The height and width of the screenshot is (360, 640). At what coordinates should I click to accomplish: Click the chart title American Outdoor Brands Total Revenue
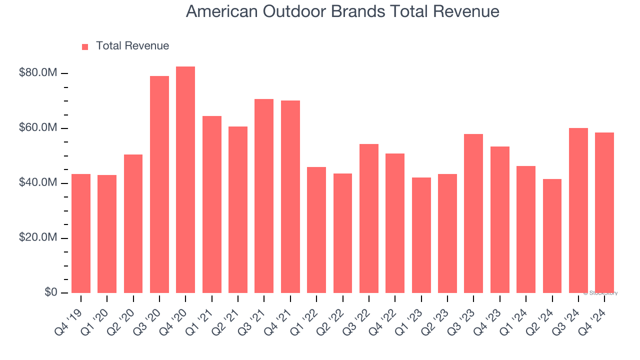342,11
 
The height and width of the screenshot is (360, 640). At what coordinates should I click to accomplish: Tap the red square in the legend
85,46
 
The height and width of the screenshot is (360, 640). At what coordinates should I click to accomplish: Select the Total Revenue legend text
132,46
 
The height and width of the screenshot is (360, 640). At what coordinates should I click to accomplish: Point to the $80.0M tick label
38,73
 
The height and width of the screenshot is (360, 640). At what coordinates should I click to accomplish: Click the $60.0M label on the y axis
38,128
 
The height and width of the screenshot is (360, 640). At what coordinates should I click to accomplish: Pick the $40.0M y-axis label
38,183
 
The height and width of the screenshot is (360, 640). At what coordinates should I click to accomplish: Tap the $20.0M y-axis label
38,238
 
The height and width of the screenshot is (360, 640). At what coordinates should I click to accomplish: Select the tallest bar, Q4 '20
185,180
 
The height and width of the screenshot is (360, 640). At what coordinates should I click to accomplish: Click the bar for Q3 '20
159,184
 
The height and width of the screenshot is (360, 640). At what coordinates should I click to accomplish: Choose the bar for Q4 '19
81,233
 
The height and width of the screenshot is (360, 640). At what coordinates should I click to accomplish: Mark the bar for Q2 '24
552,236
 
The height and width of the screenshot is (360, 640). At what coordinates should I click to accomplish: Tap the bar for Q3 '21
264,196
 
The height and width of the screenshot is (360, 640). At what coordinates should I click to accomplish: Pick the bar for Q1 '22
316,230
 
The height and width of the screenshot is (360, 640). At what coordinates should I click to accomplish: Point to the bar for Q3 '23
473,213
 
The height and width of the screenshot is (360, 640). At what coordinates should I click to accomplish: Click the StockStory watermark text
600,293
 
